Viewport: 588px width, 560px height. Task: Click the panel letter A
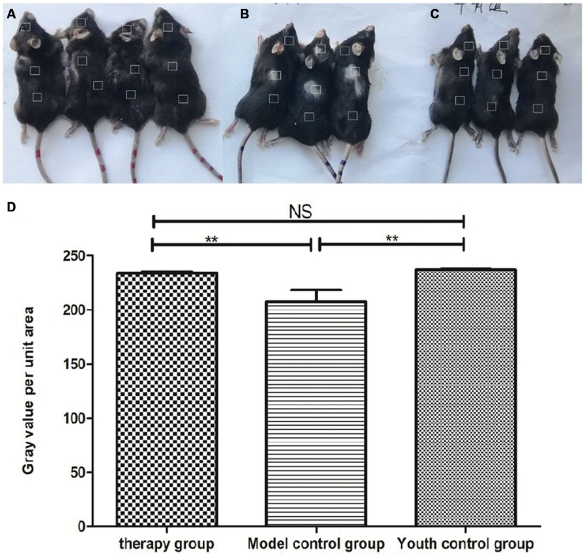click(10, 14)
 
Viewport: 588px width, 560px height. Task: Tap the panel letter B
click(244, 14)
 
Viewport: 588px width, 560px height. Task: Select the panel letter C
click(435, 14)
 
